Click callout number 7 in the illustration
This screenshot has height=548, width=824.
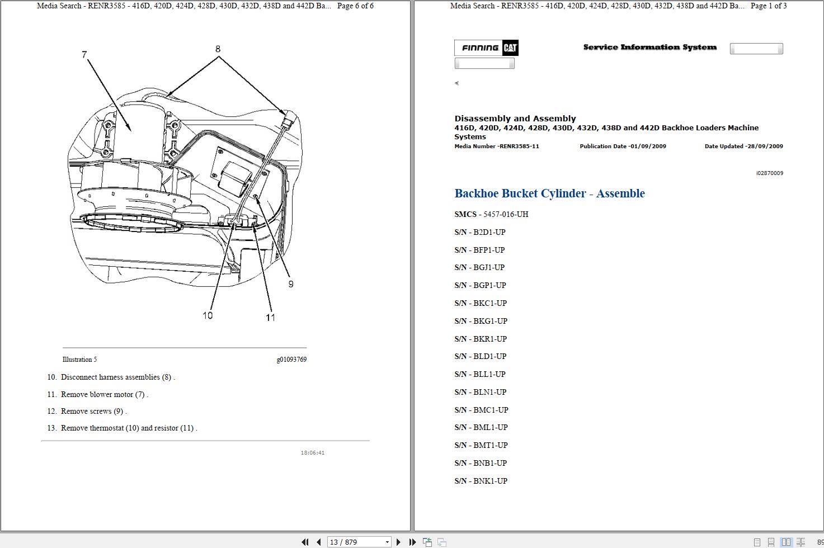click(84, 55)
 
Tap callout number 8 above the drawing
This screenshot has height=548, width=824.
click(218, 49)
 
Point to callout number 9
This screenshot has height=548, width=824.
click(291, 284)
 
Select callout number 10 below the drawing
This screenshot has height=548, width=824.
click(208, 315)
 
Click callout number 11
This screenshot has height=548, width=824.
click(271, 318)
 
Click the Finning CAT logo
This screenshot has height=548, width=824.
click(486, 48)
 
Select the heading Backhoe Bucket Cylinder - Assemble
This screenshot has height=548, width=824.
click(549, 193)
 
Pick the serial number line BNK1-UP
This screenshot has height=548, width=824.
click(481, 481)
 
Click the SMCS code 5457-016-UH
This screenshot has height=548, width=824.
click(506, 214)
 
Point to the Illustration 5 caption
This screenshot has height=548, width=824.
click(79, 360)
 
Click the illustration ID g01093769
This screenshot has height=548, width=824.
click(291, 360)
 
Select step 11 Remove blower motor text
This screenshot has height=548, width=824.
click(104, 394)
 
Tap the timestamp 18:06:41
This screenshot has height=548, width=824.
click(313, 453)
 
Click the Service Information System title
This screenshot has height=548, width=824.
click(649, 48)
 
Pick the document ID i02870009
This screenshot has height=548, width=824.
click(770, 173)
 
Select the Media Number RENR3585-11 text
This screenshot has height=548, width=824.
click(497, 147)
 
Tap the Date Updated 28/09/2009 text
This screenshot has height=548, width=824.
click(743, 147)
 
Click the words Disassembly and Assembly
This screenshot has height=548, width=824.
click(515, 119)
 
